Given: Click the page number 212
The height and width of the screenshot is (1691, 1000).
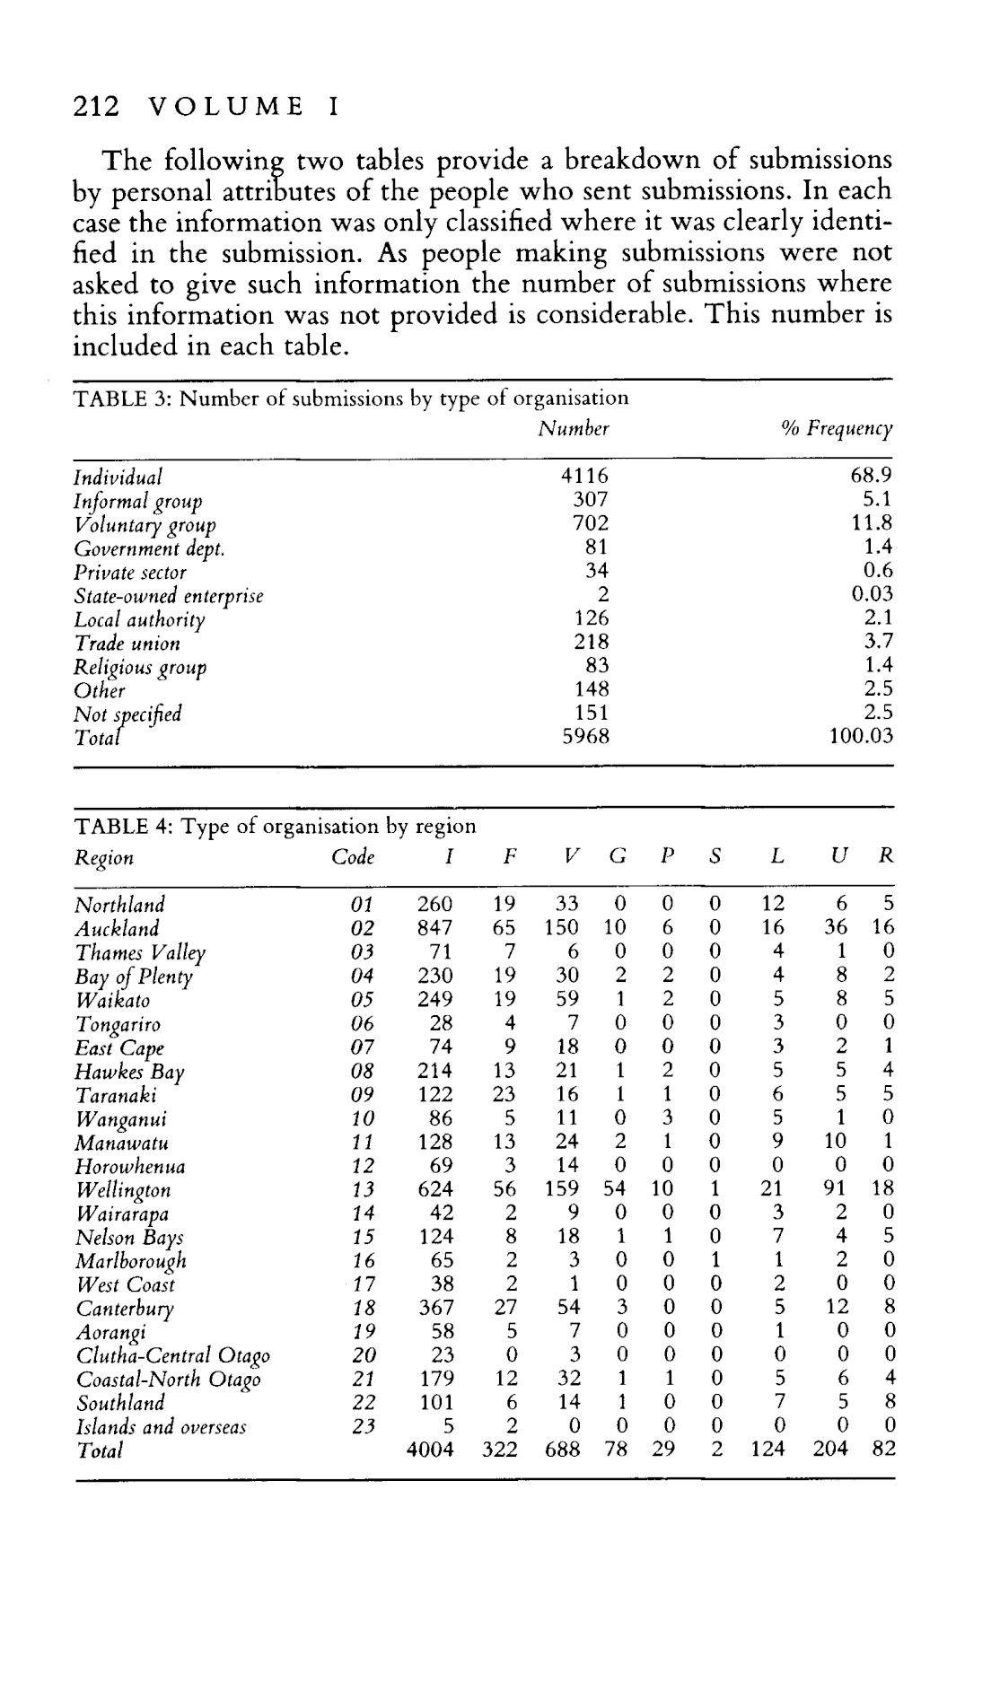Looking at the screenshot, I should (x=95, y=107).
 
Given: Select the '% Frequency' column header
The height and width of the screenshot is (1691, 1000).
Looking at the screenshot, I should (x=837, y=429).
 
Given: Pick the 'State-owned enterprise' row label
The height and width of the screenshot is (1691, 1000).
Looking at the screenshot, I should (x=169, y=597).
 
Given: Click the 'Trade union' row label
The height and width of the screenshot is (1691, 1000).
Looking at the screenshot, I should (x=127, y=644).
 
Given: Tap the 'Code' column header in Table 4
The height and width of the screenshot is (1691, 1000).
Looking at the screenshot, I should (x=353, y=857).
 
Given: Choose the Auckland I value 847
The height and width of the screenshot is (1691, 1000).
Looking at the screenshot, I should (x=434, y=928).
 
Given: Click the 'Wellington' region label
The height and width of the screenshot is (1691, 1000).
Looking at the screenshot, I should (x=122, y=1191).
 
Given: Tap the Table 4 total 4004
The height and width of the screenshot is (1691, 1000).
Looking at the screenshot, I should (x=430, y=1450).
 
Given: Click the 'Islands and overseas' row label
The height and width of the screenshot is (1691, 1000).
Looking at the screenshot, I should (x=161, y=1427).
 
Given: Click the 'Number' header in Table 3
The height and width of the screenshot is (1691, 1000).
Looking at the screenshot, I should (x=574, y=429).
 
